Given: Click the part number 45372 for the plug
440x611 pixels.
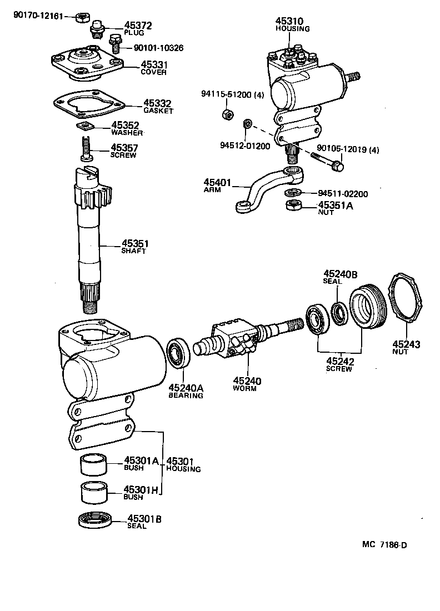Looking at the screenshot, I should tap(138, 26).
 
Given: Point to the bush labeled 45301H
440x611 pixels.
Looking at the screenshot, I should tap(94, 492).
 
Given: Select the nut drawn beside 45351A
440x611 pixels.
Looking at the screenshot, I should tap(293, 206).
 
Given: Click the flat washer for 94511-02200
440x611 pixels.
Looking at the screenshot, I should tap(291, 193).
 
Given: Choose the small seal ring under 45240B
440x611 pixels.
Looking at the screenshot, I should tap(339, 312).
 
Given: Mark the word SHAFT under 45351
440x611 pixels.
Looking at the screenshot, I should tap(134, 251).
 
